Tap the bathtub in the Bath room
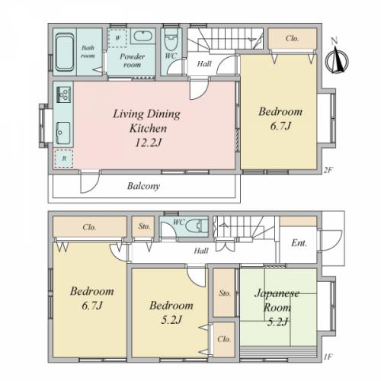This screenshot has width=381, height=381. click(x=65, y=53)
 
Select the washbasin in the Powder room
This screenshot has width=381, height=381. click(x=143, y=36)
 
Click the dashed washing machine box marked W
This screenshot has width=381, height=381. click(x=117, y=38)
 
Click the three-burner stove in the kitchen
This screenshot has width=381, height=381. click(x=63, y=94)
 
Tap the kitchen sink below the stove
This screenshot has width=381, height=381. click(x=63, y=133)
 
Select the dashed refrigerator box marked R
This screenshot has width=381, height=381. click(x=64, y=158)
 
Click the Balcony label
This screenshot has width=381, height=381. click(x=143, y=186)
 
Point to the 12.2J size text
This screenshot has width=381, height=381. click(x=148, y=142)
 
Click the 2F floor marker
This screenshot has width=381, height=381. click(x=328, y=170)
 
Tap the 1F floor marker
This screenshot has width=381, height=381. click(x=328, y=357)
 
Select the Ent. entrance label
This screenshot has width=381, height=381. click(x=299, y=243)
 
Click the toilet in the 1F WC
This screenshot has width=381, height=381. click(x=197, y=226)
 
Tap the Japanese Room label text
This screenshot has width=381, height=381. click(x=277, y=300)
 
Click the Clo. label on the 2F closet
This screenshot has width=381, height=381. click(x=292, y=39)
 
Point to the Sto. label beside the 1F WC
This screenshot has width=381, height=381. click(x=144, y=226)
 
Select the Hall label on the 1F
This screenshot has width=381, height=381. click(x=201, y=251)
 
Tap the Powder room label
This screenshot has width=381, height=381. click(x=132, y=60)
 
